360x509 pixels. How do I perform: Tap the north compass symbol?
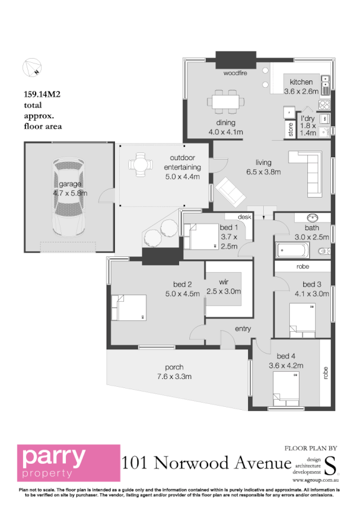[31, 68]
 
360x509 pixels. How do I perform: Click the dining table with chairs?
[226, 103]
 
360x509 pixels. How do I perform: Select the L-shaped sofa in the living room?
[310, 172]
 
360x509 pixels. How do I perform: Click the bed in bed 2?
[128, 308]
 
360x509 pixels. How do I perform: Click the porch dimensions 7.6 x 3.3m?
[174, 377]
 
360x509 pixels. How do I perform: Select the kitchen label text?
[301, 82]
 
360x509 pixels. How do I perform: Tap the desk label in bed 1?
[244, 216]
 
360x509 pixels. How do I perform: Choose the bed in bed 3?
[304, 319]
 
